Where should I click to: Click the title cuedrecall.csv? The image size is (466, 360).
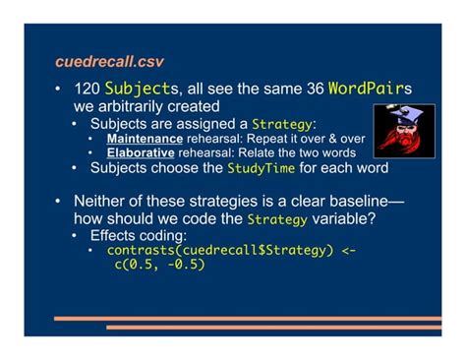click(x=109, y=62)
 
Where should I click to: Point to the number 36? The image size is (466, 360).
click(x=315, y=90)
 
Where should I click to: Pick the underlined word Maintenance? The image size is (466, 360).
click(x=145, y=139)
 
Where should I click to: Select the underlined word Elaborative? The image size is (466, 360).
click(x=141, y=152)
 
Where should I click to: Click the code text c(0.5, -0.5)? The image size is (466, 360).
click(x=159, y=265)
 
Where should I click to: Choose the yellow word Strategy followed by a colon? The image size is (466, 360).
click(x=282, y=124)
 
